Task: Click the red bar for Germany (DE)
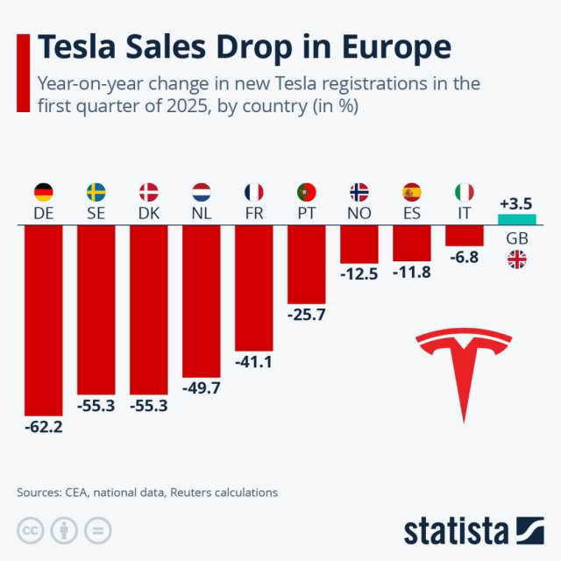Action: point(43,320)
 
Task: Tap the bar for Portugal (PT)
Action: point(306,264)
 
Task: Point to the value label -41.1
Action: point(253,360)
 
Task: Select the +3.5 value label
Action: point(515,203)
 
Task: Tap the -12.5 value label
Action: point(359,274)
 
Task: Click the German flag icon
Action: point(43,192)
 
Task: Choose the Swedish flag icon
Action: point(96,192)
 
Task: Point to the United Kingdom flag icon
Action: point(516,259)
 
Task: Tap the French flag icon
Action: point(253,192)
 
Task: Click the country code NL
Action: point(201,214)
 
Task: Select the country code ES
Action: point(411,214)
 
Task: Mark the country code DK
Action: point(148,214)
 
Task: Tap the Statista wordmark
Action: point(456,531)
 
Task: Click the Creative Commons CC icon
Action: point(31,531)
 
